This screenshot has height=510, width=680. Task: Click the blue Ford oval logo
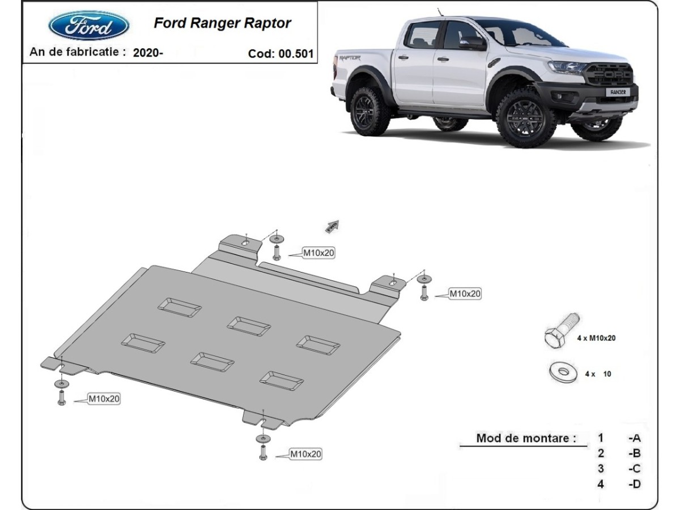pos(89,25)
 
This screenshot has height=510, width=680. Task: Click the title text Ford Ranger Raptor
pos(222,23)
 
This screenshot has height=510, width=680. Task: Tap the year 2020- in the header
pos(148,53)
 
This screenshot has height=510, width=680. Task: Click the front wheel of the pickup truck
pos(525,117)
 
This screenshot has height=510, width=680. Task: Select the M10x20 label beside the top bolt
pos(318,253)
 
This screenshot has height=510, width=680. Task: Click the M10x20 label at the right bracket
pos(465,294)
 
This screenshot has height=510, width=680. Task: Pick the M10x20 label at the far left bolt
pos(104,399)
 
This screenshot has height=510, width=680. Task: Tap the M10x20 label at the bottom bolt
pos(306,453)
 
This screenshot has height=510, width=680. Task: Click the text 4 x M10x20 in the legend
pos(596,338)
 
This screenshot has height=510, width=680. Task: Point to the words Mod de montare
pos(526,437)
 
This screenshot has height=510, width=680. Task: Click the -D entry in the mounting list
pos(634,484)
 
